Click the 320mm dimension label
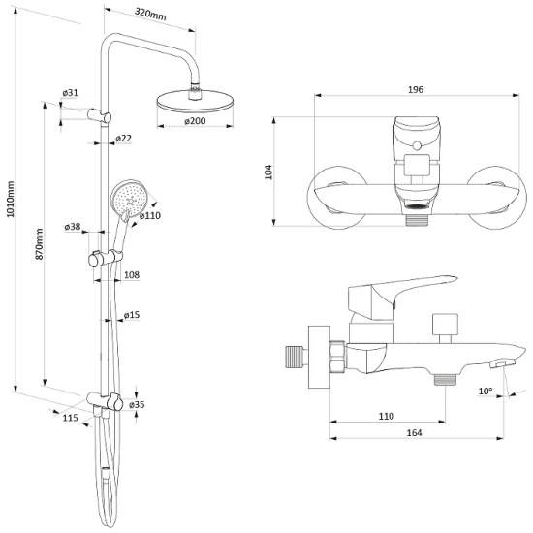150,14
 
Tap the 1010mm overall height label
11,200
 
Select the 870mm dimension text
40,244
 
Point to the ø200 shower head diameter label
195,121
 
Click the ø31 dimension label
71,92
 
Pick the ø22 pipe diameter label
123,138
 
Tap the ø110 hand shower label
149,215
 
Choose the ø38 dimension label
73,227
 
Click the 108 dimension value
132,274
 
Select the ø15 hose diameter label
132,315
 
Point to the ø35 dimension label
137,404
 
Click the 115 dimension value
70,418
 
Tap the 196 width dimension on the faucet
416,89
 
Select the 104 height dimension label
268,172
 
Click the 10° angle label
486,391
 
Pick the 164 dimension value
414,433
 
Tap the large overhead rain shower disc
195,102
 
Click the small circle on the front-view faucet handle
417,146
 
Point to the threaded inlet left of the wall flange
296,357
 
